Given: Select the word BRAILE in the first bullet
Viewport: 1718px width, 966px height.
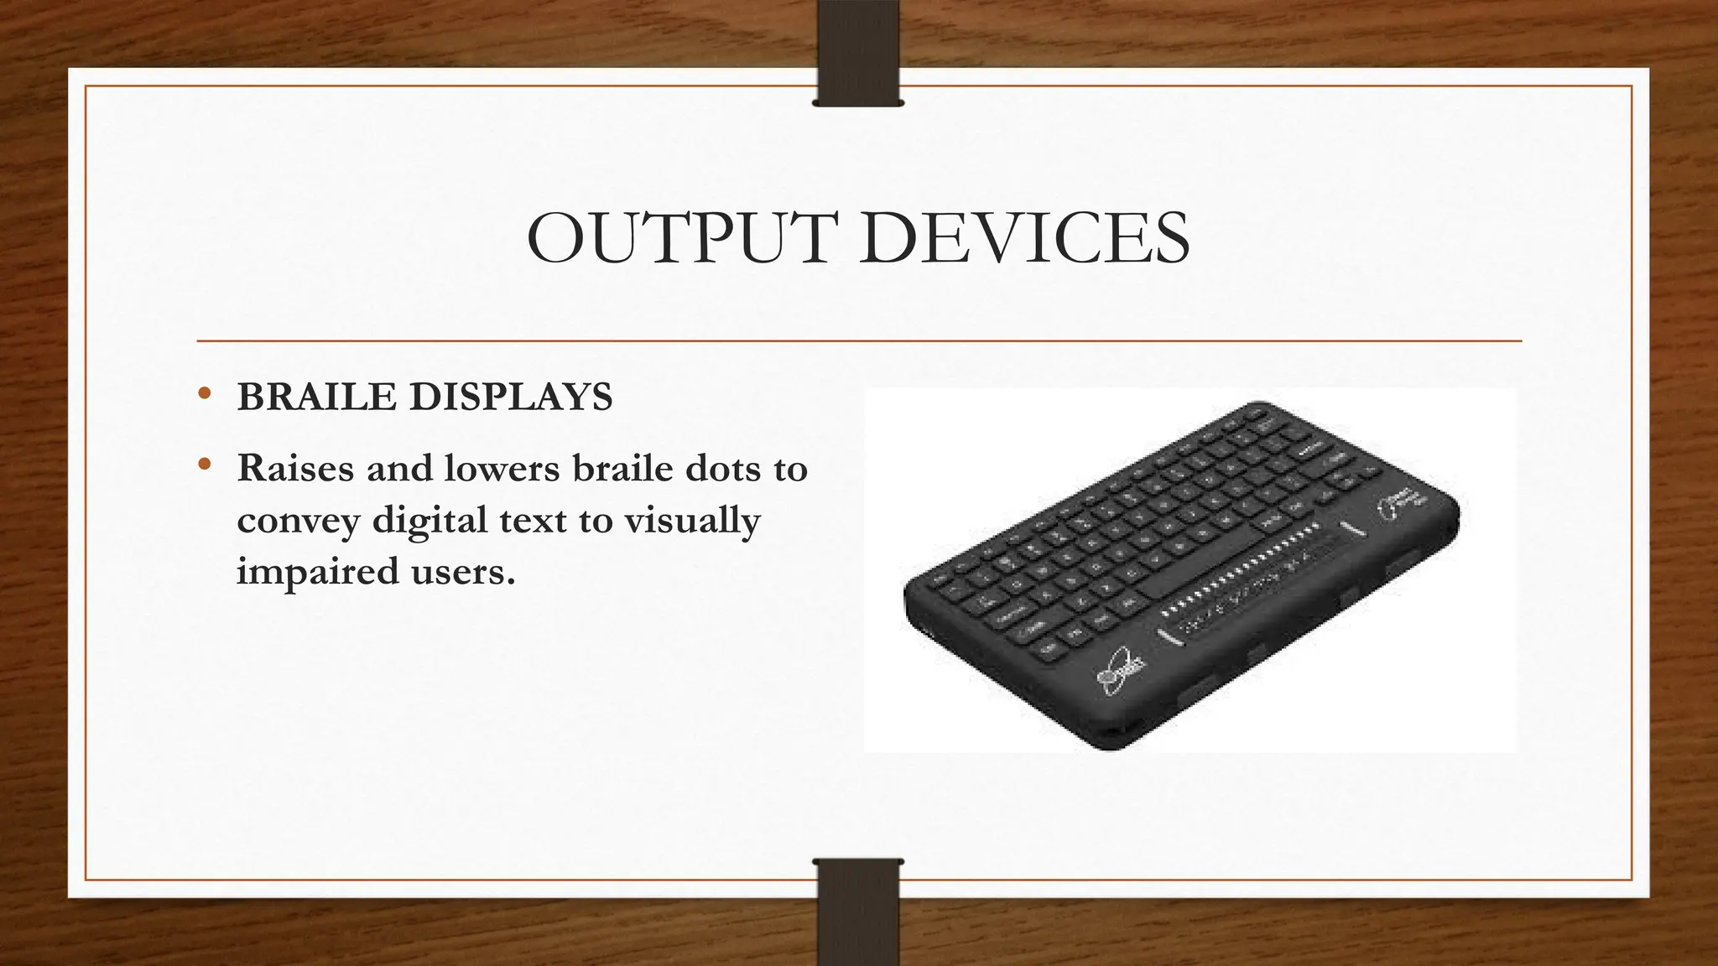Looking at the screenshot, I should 316,397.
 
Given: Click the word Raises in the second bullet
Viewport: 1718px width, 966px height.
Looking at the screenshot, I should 295,468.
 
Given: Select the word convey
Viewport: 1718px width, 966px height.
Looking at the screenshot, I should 298,522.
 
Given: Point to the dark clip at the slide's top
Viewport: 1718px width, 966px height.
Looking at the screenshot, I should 857,52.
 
